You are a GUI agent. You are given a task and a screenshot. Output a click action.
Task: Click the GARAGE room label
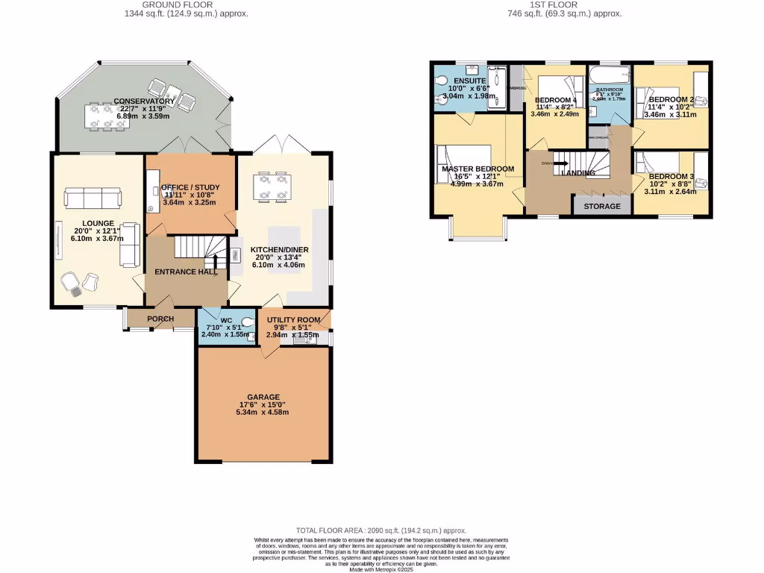point(263,397)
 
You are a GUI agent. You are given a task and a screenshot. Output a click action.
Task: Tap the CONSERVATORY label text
point(144,101)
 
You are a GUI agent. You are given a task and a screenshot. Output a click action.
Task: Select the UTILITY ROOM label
point(293,320)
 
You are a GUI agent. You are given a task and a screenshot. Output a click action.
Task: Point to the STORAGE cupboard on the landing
point(601,206)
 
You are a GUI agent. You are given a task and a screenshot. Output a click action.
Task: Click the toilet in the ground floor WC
point(245,324)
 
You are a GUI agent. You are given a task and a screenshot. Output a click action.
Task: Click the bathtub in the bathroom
point(609,76)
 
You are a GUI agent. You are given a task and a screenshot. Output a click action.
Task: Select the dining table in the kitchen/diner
point(272,187)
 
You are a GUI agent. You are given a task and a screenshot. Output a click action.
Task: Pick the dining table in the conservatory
point(107,116)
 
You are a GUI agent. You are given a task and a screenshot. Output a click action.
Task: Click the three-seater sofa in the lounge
point(93,198)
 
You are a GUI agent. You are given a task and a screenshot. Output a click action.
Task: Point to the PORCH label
point(160,319)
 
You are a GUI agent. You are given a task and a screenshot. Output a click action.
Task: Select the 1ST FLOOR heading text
point(574,4)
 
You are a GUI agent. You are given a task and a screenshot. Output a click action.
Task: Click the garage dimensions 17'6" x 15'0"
point(263,404)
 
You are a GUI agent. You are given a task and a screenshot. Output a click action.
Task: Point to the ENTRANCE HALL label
point(185,272)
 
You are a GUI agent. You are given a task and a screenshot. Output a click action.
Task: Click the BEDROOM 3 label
point(671,176)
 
